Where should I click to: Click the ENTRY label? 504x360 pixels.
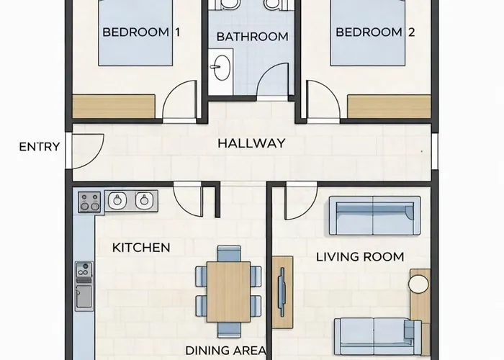click(x=39, y=147)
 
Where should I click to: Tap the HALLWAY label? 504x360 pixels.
click(x=251, y=143)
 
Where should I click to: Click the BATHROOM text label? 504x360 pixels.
click(x=252, y=37)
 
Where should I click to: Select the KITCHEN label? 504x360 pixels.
click(x=141, y=248)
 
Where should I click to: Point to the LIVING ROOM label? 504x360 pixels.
click(x=360, y=257)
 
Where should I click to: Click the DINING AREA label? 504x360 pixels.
click(x=225, y=351)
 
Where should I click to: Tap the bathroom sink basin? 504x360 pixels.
click(x=222, y=68)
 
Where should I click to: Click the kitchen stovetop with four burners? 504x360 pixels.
click(x=89, y=202)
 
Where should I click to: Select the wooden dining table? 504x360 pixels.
click(x=228, y=292)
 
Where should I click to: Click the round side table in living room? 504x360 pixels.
click(x=418, y=284)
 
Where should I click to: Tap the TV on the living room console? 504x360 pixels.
click(x=282, y=292)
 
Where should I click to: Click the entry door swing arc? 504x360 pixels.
click(x=96, y=156)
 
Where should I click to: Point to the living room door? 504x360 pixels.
click(x=301, y=201)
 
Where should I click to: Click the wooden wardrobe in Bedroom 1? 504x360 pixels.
click(x=114, y=107)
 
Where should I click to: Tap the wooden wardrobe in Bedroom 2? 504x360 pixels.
click(x=389, y=107)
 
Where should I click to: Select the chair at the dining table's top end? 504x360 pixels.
click(x=229, y=253)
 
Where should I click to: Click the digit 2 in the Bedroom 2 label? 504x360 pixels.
click(x=411, y=32)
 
